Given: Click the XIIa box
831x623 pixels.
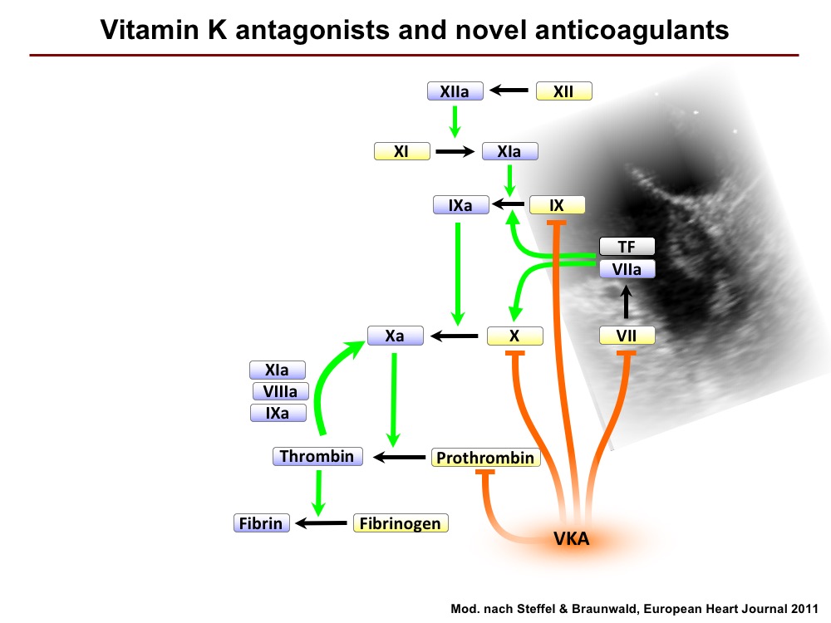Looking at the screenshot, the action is click(x=455, y=91).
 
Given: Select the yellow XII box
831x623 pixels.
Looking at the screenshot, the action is click(x=564, y=91).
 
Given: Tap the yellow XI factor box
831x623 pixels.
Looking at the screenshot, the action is click(x=401, y=151).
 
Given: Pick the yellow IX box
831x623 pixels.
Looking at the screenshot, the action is click(x=557, y=205).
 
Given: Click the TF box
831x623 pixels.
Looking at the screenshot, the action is click(x=627, y=247).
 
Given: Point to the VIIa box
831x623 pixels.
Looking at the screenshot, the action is click(x=627, y=269).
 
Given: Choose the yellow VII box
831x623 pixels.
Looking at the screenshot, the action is click(x=627, y=336).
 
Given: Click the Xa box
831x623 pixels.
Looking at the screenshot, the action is click(x=396, y=336).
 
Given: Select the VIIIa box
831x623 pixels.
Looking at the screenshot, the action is click(x=280, y=391).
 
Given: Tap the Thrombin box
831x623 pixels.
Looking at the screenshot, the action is click(x=317, y=456).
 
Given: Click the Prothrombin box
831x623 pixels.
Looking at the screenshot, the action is click(x=485, y=457).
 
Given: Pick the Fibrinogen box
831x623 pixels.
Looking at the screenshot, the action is click(x=401, y=522).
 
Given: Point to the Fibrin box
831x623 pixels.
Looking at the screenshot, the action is click(x=261, y=522).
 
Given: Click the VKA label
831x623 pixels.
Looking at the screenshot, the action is click(x=572, y=539).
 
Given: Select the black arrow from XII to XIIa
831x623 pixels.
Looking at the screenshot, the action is click(x=509, y=91).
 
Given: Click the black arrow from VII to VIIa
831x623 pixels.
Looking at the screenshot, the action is click(x=627, y=302).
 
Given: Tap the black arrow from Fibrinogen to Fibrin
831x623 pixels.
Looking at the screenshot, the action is click(x=321, y=522).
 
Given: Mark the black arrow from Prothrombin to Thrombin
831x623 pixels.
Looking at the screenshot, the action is click(x=400, y=457).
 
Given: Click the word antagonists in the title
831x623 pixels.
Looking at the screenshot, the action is click(x=312, y=30).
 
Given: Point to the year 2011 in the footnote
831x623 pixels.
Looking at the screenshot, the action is click(x=804, y=609).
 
